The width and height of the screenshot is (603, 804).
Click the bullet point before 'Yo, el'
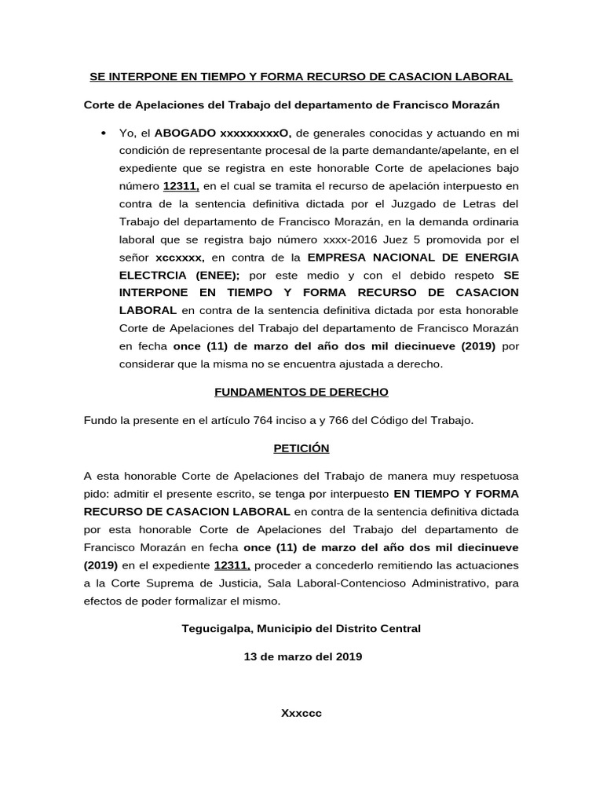pos(104,134)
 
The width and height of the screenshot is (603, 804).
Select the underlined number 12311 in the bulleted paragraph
pos(181,185)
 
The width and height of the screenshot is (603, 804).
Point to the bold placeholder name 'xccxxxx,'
pos(180,257)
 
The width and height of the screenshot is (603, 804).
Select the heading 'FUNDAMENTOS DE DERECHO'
pos(302,392)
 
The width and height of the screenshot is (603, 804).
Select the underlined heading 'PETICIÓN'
pos(301,448)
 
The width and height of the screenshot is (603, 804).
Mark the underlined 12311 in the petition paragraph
pos(231,565)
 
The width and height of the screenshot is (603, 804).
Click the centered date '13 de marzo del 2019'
pos(302,657)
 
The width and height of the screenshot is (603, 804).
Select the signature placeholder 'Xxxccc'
pos(301,714)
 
